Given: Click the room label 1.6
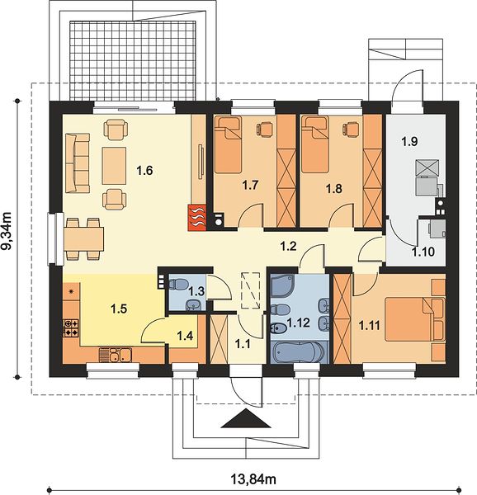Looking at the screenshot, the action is coord(144,171).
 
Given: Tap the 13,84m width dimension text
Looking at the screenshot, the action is coord(254,479).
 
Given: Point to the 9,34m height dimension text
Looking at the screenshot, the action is coord(7,231).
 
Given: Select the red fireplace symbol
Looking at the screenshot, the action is coord(197,217).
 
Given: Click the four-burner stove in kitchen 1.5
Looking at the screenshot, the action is coord(71,328).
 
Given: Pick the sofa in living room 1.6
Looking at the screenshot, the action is coord(77,163).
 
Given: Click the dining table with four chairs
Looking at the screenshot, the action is coord(84,238).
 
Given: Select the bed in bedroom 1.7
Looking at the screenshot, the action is coord(228,144).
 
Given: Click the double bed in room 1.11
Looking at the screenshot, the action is coord(414,320).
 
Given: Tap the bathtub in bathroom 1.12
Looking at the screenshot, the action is coord(299,352).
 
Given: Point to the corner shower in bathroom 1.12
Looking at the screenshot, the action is coord(282,286).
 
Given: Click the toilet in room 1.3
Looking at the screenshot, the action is coord(177,284).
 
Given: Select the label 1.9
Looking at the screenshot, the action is coord(410,141).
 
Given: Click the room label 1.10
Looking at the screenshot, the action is coord(423,252).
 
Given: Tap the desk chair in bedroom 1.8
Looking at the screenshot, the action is coord(351,130).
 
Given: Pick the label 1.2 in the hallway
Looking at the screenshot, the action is coord(289,246).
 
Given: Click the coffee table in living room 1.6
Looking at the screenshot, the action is coord(114,166).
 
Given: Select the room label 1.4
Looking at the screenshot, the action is coord(185,336).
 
